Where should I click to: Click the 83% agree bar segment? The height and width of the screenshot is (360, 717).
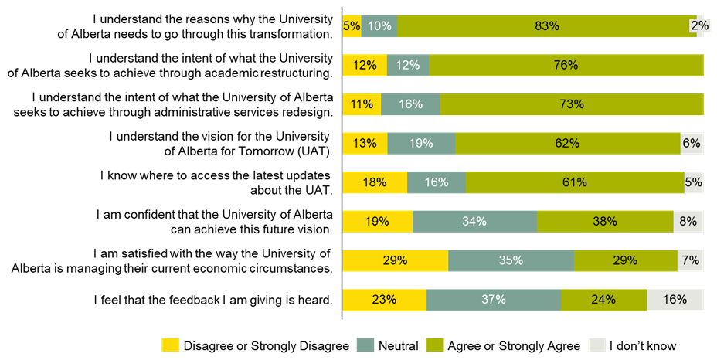[546, 26]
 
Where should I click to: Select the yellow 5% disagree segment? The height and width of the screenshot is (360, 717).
[352, 26]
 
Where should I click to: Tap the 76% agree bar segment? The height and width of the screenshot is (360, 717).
[566, 65]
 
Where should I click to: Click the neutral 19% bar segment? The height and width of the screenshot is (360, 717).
[421, 143]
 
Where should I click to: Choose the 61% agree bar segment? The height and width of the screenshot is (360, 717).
[574, 182]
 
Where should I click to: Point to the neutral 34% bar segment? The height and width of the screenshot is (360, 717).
[474, 221]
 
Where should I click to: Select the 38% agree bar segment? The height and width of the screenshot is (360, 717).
[604, 221]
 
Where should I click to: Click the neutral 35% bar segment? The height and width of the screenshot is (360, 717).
[511, 260]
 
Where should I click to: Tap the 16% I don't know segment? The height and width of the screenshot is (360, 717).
[675, 300]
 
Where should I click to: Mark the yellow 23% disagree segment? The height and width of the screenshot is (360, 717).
[384, 300]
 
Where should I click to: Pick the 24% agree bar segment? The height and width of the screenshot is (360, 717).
[603, 300]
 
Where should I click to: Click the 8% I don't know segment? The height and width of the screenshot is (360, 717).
[688, 221]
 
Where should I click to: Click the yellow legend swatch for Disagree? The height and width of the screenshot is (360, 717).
[169, 345]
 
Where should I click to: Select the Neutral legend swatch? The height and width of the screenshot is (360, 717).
[365, 345]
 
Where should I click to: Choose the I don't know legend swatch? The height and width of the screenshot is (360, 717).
[596, 345]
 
